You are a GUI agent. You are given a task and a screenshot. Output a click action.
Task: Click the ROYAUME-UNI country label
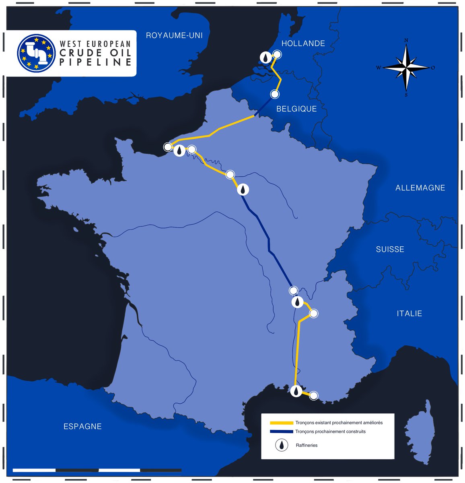[x=174, y=35]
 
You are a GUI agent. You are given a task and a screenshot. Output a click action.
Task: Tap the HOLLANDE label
[x=303, y=43]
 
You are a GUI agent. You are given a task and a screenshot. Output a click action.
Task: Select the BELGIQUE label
[x=296, y=109]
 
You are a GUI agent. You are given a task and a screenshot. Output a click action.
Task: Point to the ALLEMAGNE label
[x=420, y=188]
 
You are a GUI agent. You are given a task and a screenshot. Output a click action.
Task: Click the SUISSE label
[x=390, y=249]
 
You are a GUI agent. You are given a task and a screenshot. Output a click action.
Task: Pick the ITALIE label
[x=409, y=313]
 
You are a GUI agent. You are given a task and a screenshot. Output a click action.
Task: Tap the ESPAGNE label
[x=82, y=426]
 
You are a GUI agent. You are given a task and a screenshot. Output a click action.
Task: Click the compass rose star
[x=406, y=67]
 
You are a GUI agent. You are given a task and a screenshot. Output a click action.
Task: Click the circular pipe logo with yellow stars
[x=36, y=53]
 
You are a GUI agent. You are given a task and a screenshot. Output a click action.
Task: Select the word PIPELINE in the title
[x=96, y=62]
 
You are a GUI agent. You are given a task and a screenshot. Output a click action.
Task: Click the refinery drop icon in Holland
[x=265, y=58]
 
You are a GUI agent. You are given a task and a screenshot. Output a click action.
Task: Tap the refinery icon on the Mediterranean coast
[x=296, y=391]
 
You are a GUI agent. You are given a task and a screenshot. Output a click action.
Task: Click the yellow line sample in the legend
[x=281, y=423]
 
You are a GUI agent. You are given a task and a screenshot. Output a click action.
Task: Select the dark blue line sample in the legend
[x=281, y=431]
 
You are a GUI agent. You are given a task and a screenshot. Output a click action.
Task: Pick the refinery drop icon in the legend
[x=282, y=445]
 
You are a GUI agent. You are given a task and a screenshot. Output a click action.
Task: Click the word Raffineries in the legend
[x=307, y=445]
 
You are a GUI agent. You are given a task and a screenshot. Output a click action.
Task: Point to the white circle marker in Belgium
[x=275, y=94]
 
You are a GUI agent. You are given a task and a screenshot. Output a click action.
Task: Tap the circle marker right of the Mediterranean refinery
[x=313, y=396]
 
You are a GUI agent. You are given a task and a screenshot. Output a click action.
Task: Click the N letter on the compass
[x=406, y=40]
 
